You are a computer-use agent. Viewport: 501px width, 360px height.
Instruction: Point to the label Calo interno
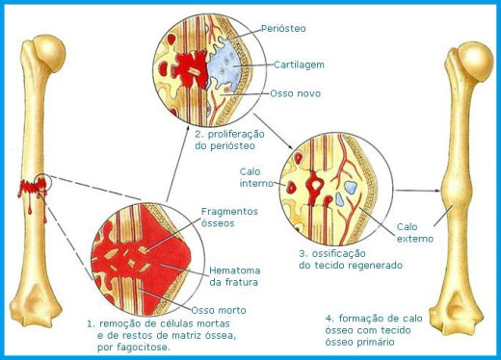(253, 177)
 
